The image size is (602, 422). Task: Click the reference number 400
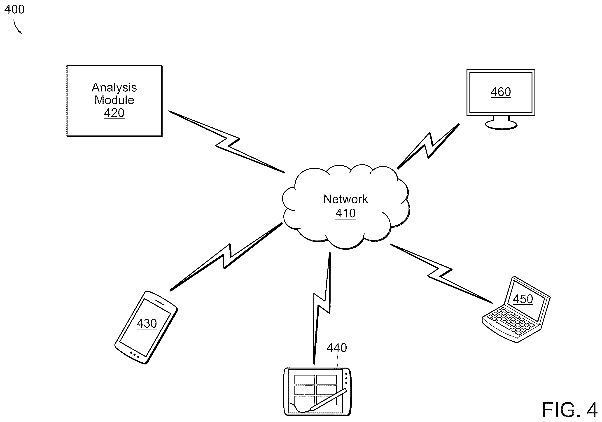pyautogui.click(x=14, y=9)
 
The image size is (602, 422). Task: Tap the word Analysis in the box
pyautogui.click(x=114, y=88)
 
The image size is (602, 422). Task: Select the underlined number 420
pyautogui.click(x=114, y=113)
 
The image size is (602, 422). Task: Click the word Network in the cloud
pyautogui.click(x=345, y=199)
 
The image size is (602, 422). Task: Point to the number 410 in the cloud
pyautogui.click(x=345, y=213)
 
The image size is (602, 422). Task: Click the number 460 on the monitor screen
pyautogui.click(x=501, y=92)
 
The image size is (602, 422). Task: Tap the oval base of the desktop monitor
pyautogui.click(x=501, y=125)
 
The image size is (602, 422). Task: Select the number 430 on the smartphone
pyautogui.click(x=147, y=324)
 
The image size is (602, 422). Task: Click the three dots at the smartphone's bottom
pyautogui.click(x=134, y=355)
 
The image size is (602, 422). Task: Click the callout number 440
pyautogui.click(x=337, y=348)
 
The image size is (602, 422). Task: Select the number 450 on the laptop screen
pyautogui.click(x=523, y=299)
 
